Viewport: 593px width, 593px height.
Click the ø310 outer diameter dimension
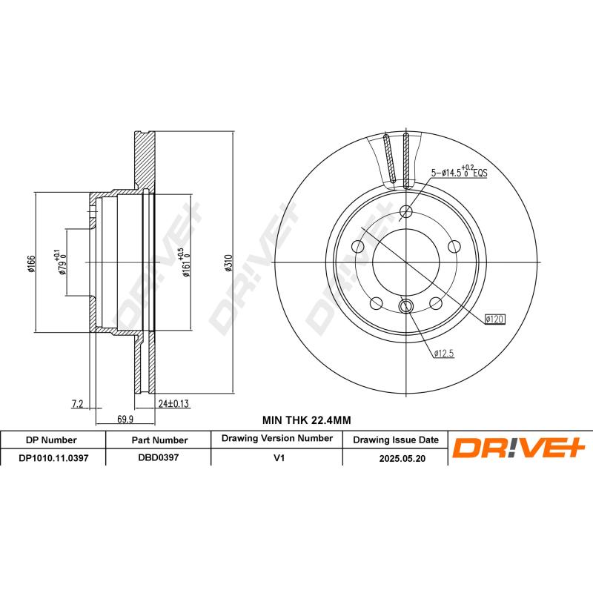[229, 263]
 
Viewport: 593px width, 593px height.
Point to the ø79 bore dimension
[60, 263]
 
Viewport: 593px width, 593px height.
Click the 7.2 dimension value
[76, 404]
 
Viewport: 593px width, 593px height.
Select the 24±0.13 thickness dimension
[174, 404]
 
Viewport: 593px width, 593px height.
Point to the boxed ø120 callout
[494, 319]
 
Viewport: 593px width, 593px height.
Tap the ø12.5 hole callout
[443, 354]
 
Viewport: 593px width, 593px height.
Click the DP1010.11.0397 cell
[53, 458]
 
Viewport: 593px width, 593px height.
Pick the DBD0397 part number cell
[159, 458]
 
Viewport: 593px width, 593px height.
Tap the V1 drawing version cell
[279, 458]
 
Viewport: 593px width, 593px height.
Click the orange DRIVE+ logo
[519, 448]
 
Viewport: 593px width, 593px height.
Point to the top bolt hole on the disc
[405, 213]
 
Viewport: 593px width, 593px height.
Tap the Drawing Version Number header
[276, 439]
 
